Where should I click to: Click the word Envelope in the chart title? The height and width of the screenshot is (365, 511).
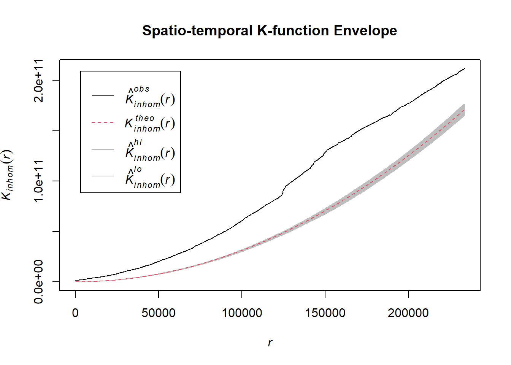point(365,31)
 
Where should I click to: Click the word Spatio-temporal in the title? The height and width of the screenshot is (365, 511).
point(197,31)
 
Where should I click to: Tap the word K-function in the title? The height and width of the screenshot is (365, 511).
point(293,31)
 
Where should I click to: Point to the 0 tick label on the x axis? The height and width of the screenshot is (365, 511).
point(75,313)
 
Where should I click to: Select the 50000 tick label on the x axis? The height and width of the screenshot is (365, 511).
point(159,313)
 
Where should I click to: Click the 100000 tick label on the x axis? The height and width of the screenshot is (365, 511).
point(242,313)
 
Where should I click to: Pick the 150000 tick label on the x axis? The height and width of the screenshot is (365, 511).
point(325,313)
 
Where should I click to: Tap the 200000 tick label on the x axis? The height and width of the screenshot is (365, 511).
point(408,313)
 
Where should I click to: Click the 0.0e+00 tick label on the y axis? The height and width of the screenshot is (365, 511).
point(39,282)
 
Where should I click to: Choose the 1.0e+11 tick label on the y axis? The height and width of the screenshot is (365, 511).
point(39,181)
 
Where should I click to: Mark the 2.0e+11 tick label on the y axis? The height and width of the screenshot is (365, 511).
point(39,81)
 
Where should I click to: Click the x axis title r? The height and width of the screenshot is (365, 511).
point(270,343)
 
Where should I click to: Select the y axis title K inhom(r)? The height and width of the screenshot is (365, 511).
point(8,175)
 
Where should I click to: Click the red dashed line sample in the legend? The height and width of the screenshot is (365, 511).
point(103,123)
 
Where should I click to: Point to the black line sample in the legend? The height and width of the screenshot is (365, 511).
point(103,96)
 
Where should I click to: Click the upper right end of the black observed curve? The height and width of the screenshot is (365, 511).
point(465,69)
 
